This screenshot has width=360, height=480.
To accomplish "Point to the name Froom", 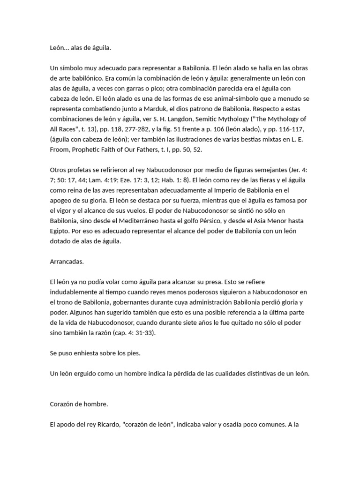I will (60, 150).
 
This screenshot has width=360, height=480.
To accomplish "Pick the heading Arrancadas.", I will (67, 261).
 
